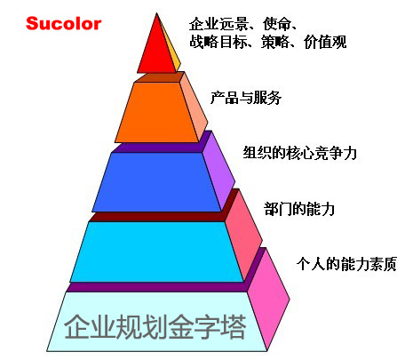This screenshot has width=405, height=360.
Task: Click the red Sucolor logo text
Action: pos(64,24)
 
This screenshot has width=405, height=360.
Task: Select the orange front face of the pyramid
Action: pos(157,113)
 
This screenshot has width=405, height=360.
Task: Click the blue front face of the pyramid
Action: pos(157,182)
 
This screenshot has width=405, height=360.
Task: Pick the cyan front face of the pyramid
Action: pos(157,252)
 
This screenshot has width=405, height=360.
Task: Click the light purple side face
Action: pos(219,171)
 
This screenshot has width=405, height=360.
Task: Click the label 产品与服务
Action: pos(246,98)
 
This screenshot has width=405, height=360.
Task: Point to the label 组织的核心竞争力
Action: pos(300,153)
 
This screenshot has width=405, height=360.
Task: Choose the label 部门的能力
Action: pos(299,209)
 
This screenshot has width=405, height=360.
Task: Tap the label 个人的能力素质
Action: pos(346,264)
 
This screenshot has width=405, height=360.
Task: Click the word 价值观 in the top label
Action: pos(325,42)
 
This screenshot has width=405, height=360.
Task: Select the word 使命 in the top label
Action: pos(276,24)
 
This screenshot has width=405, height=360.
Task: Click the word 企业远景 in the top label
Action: pos(218,24)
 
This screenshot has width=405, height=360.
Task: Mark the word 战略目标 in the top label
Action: pos(218,42)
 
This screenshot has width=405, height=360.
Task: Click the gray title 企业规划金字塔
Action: pos(155,327)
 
